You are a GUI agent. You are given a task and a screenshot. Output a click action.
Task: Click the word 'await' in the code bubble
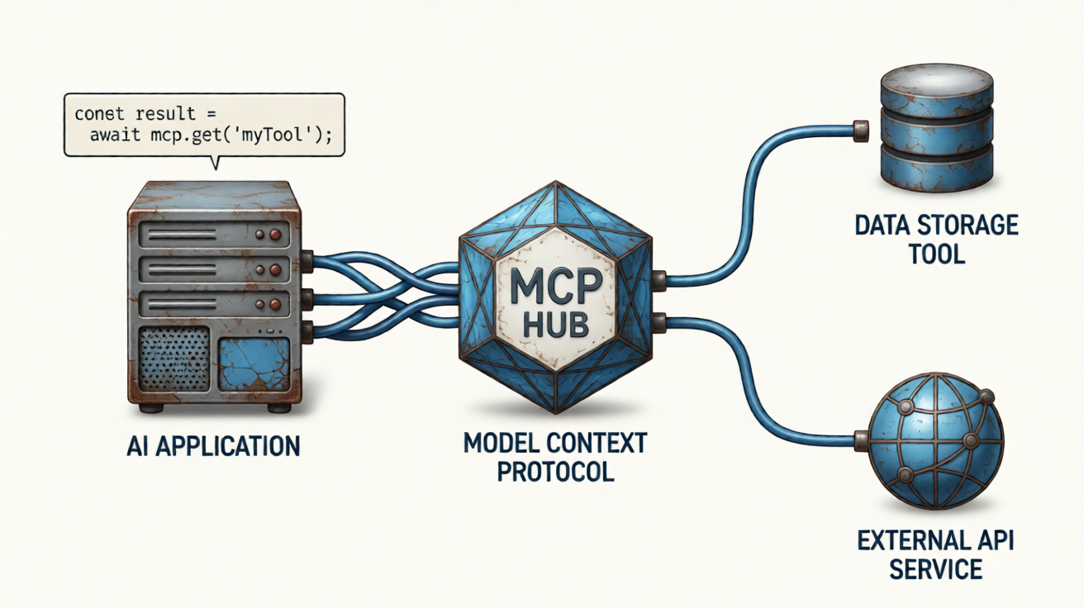pos(115,134)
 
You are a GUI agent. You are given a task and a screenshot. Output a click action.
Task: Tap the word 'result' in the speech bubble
pos(165,114)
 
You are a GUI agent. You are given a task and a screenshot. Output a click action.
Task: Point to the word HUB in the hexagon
pos(556,325)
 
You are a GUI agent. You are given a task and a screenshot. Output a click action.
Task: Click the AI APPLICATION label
pos(213,446)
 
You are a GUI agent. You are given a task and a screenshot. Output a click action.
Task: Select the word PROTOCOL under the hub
pos(555,471)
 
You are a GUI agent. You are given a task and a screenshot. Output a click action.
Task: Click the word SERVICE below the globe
pos(935,569)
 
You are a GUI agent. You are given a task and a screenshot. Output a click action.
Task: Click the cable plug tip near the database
pos(861,131)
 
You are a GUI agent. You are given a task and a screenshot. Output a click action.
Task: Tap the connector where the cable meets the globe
pos(863,440)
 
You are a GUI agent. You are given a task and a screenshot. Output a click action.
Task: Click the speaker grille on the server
pos(174,359)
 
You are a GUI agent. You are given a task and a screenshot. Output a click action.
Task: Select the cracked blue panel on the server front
pos(254,364)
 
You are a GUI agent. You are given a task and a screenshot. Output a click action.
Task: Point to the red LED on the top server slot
pos(275,235)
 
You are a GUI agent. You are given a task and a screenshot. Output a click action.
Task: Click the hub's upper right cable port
pos(659,281)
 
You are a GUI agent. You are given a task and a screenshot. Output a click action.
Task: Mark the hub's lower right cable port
pos(659,323)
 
